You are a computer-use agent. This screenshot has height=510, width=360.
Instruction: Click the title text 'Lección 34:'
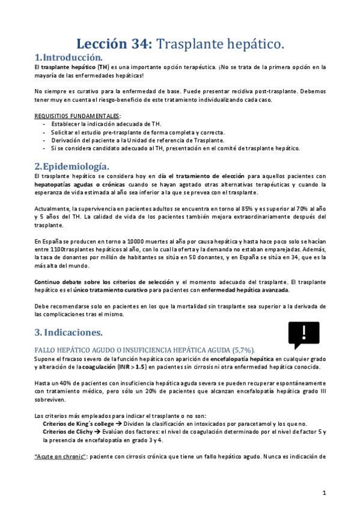pos(115,44)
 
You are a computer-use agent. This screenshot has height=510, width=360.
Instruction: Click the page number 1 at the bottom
pos(324,493)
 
